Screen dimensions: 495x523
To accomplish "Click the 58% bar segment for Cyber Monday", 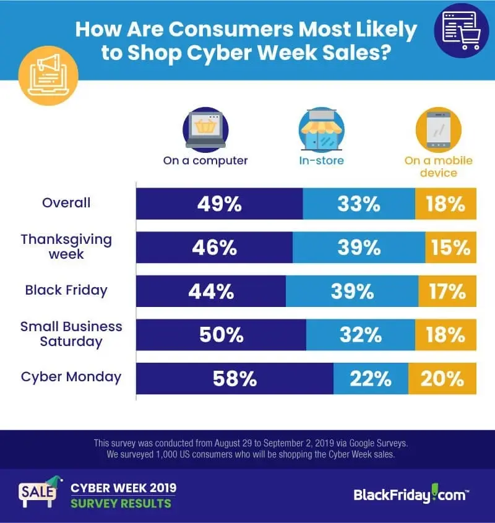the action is pyautogui.click(x=235, y=378).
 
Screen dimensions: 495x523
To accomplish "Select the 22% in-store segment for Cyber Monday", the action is pyautogui.click(x=371, y=378).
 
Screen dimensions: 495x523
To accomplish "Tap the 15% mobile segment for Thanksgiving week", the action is pyautogui.click(x=450, y=248).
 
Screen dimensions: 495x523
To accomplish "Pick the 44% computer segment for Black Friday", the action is pyautogui.click(x=211, y=291).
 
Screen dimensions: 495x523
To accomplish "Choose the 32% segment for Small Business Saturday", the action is pyautogui.click(x=361, y=335).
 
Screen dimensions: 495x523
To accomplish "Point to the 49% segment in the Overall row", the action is pyautogui.click(x=220, y=204).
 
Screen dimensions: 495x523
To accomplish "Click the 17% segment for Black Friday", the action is pyautogui.click(x=447, y=291).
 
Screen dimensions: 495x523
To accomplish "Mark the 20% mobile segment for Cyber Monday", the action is pyautogui.click(x=442, y=378).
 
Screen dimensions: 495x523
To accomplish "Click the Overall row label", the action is pyautogui.click(x=66, y=202).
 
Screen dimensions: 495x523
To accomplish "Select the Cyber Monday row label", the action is pyautogui.click(x=71, y=377).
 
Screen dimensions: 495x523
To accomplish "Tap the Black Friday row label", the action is pyautogui.click(x=66, y=290).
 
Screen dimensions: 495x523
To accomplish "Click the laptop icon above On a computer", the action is pyautogui.click(x=205, y=130).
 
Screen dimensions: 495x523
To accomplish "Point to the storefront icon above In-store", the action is pyautogui.click(x=321, y=130).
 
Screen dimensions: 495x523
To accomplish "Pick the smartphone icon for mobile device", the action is pyautogui.click(x=439, y=130).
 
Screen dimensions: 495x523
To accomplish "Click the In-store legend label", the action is pyautogui.click(x=321, y=160).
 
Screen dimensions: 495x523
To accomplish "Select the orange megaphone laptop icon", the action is pyautogui.click(x=48, y=76).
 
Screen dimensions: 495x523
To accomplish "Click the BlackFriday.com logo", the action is pyautogui.click(x=411, y=494).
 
